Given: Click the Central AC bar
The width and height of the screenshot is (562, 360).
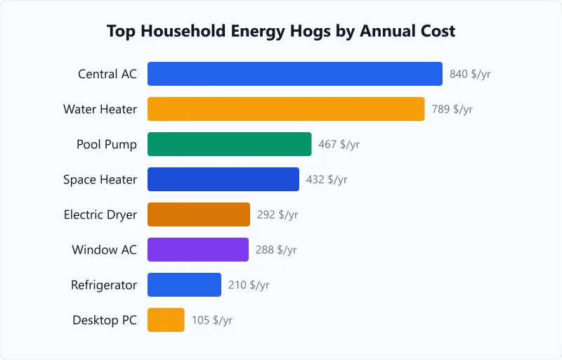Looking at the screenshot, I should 294,74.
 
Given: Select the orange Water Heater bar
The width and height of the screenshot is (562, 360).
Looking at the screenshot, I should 286,109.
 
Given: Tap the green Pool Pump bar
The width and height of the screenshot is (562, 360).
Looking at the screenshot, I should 229,144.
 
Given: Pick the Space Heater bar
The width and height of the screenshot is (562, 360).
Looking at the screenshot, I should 223,179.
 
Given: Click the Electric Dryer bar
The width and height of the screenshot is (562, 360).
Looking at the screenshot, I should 198,214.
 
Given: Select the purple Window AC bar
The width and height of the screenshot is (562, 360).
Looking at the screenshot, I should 197,250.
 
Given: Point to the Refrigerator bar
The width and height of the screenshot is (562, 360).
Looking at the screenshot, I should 184,285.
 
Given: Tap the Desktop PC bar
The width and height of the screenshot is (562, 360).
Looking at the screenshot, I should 166,320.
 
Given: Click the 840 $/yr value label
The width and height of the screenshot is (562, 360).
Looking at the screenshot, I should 470,74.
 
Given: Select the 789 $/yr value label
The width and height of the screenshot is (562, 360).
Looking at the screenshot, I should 452,109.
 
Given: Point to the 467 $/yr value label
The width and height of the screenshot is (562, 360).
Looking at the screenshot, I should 339,144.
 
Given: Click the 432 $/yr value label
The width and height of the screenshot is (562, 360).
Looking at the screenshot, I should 327,179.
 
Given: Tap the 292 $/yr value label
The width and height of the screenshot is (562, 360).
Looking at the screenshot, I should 277,214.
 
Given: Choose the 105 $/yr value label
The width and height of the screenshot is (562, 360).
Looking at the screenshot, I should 211,320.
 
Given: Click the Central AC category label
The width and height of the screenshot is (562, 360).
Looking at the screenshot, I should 107,74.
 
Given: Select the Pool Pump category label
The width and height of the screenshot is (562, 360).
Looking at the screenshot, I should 107,144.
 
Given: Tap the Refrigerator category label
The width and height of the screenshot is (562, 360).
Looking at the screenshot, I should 104,285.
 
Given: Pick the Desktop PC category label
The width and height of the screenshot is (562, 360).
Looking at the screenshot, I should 105,320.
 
